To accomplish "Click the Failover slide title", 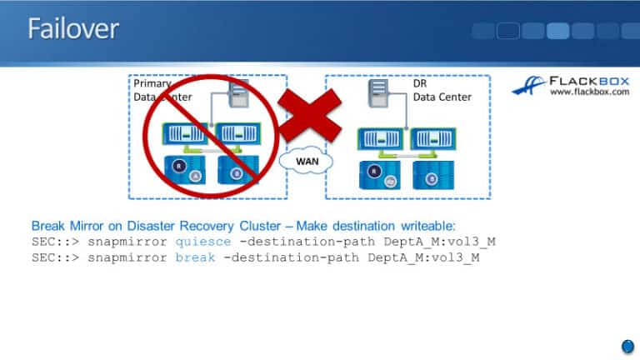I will point(73,29).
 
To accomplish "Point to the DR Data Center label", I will point(442,91).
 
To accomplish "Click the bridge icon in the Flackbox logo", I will point(527,87).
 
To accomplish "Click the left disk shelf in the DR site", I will point(380,175).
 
